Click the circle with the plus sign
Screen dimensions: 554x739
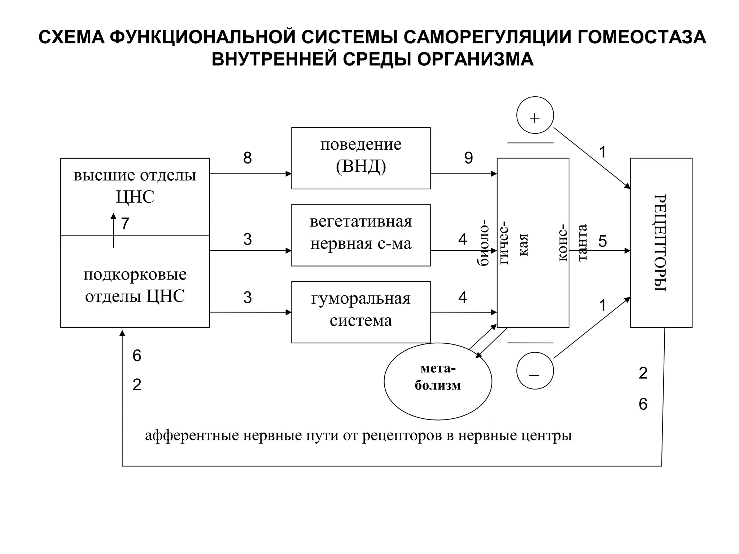pyautogui.click(x=535, y=115)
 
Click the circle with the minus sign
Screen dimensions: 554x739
pyautogui.click(x=535, y=371)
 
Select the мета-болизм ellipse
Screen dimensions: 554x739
pyautogui.click(x=438, y=381)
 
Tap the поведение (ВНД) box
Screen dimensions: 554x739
pyautogui.click(x=361, y=158)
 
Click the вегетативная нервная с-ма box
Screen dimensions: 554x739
pyautogui.click(x=361, y=235)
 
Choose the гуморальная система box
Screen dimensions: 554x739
pyautogui.click(x=361, y=312)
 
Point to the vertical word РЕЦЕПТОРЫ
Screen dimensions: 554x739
pyautogui.click(x=660, y=243)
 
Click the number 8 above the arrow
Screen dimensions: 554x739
pyautogui.click(x=247, y=158)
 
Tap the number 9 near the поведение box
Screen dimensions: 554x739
pyautogui.click(x=468, y=158)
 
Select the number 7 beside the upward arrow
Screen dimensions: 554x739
pyautogui.click(x=125, y=224)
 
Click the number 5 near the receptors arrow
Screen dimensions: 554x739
pyautogui.click(x=602, y=241)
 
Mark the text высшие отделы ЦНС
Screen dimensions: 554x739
pyautogui.click(x=135, y=186)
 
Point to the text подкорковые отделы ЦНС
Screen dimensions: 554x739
pyautogui.click(x=135, y=285)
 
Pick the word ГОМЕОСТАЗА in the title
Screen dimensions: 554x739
pyautogui.click(x=642, y=37)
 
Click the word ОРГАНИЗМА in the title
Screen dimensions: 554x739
pyautogui.click(x=475, y=59)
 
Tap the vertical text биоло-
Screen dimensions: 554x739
pyautogui.click(x=483, y=242)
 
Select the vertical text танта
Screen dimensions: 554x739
pyautogui.click(x=582, y=242)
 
